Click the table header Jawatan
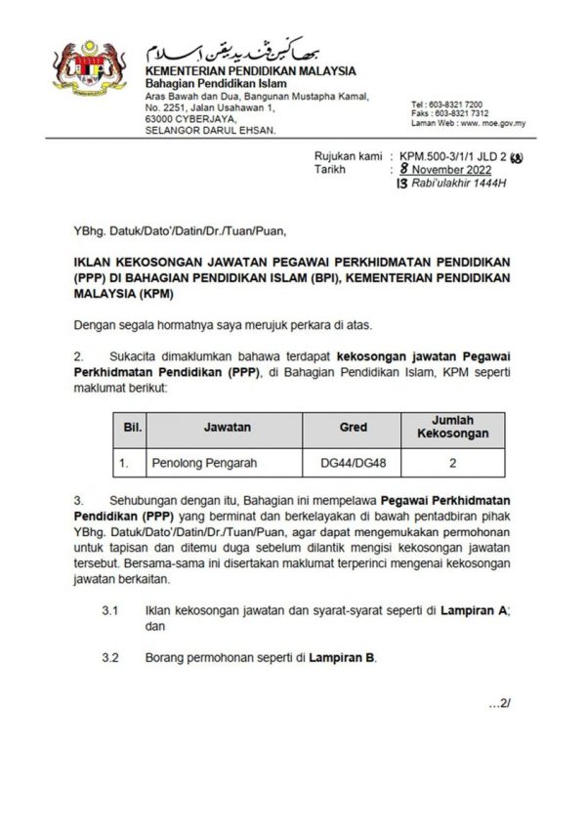[x=227, y=428]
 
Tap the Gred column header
[x=353, y=428]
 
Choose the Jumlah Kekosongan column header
[x=452, y=426]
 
